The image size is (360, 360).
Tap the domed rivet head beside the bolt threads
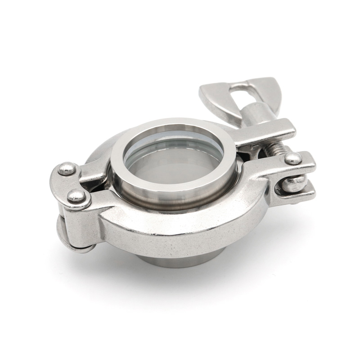(293, 157)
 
